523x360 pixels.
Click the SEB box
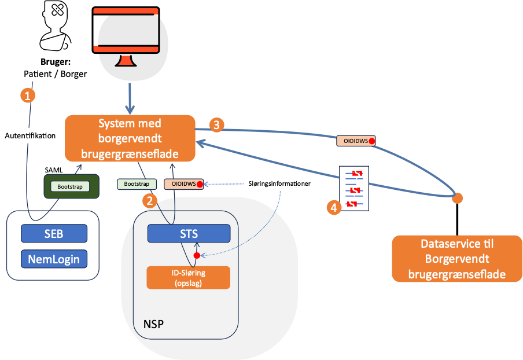[54, 233]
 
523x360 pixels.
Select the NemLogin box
[54, 258]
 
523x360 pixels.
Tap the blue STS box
[189, 234]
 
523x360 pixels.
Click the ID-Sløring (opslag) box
[189, 277]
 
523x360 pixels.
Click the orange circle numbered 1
[27, 95]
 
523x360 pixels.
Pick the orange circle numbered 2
[150, 201]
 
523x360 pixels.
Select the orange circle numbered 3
[216, 124]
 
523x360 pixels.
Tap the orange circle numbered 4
[333, 207]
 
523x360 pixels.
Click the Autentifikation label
[30, 136]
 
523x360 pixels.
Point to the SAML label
[54, 169]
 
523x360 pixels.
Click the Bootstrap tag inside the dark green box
[70, 186]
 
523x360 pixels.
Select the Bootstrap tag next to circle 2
[137, 184]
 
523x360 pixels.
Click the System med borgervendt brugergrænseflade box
[130, 139]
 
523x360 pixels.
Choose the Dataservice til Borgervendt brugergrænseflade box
[457, 259]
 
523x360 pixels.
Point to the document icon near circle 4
[355, 189]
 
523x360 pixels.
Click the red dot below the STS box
[197, 255]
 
